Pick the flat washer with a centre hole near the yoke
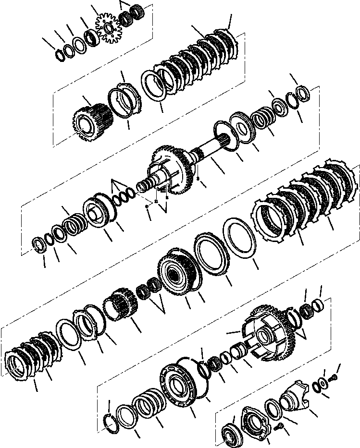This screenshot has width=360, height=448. click(x=317, y=386)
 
